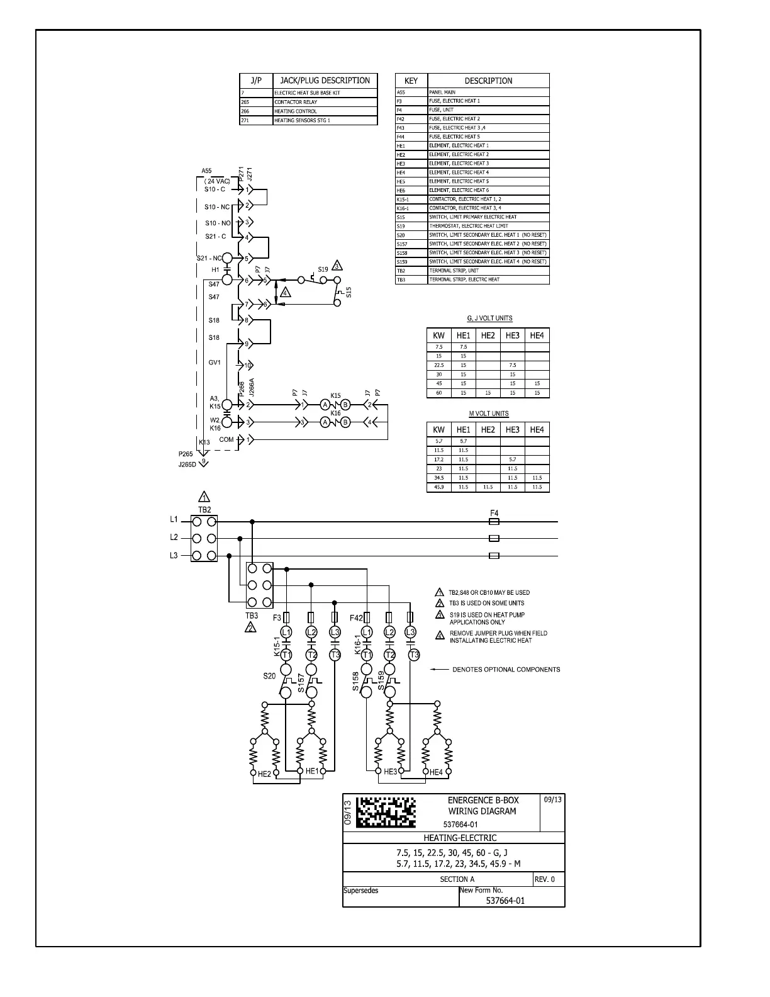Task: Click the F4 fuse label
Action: pos(494,514)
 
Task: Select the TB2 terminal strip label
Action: pos(204,510)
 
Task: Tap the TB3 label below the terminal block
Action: pos(252,616)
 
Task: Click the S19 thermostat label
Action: pos(323,269)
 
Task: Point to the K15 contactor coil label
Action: pos(335,396)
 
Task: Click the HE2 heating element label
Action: pos(264,774)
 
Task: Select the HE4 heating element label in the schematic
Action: pos(436,772)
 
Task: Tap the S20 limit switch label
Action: pos(269,676)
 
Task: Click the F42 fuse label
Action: pos(356,618)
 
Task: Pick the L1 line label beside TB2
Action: pos(174,520)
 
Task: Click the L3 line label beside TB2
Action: pos(174,556)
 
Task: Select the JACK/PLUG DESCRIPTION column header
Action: pos(325,81)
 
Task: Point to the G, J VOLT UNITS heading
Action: pos(489,318)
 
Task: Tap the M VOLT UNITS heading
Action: pos(488,414)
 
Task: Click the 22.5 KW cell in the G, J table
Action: pos(438,365)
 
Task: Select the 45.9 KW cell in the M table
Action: pos(438,487)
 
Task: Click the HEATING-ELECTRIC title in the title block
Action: pos(460,838)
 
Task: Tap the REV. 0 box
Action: pos(545,879)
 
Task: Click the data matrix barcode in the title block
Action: pos(386,812)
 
